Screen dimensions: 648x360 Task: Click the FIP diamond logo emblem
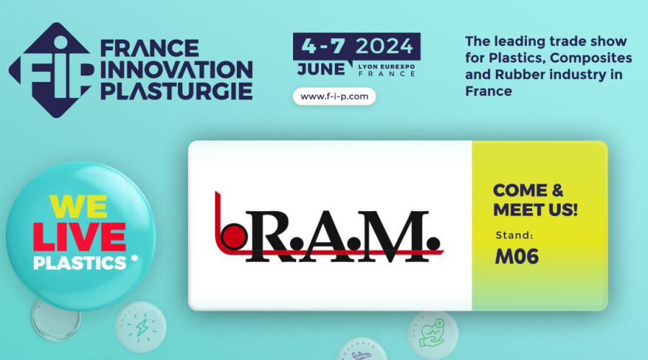[51, 71]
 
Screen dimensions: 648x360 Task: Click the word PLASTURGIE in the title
[176, 91]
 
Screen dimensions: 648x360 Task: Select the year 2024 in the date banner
[384, 46]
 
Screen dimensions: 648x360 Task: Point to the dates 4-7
[323, 46]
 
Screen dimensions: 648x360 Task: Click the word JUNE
[321, 69]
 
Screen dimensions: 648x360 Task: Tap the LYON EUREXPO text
[387, 66]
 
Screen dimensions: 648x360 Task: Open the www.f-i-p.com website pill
[334, 96]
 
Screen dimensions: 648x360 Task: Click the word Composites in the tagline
[591, 58]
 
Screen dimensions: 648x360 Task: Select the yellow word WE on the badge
[78, 206]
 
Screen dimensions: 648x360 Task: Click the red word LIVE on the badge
[79, 237]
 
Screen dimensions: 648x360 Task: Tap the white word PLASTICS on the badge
[79, 264]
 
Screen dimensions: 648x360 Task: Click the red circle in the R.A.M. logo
[234, 236]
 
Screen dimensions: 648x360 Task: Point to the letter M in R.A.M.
[400, 236]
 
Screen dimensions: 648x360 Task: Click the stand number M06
[516, 256]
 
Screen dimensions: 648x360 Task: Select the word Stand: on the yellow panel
[514, 235]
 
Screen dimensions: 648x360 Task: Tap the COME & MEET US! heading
[535, 200]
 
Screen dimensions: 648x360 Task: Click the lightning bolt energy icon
[142, 328]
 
